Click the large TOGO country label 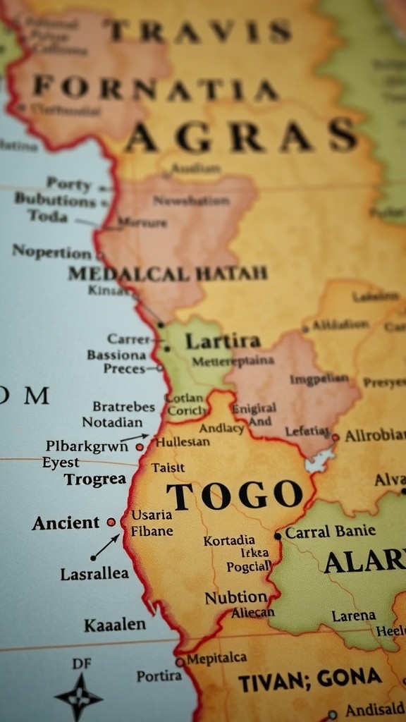235,496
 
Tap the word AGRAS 242,136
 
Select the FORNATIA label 155,89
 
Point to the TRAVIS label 199,31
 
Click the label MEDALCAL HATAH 168,273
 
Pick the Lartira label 222,341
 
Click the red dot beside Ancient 111,522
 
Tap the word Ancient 66,523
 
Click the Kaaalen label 115,625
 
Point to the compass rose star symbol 79,697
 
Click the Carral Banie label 330,531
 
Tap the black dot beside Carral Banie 278,536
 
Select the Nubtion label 235,597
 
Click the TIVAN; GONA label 309,680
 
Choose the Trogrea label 94,479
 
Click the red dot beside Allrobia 336,437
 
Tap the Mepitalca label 216,658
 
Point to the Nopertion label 51,251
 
